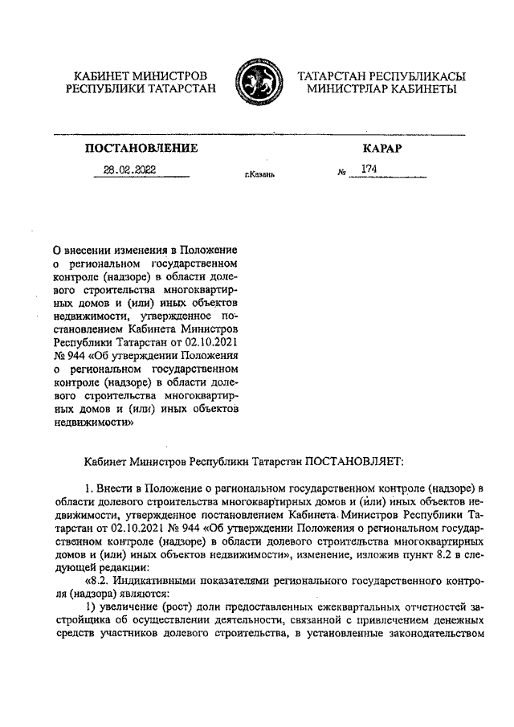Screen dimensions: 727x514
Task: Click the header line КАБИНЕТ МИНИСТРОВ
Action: pyautogui.click(x=141, y=75)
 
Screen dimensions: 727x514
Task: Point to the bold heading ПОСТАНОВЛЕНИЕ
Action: pyautogui.click(x=141, y=149)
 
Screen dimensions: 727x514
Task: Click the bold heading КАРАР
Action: pyautogui.click(x=381, y=149)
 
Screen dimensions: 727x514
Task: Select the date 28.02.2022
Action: pyautogui.click(x=129, y=169)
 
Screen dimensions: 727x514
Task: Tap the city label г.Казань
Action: pyautogui.click(x=259, y=174)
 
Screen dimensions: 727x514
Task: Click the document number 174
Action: pyautogui.click(x=369, y=169)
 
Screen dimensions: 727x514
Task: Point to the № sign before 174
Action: pyautogui.click(x=342, y=172)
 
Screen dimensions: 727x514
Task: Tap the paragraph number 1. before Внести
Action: pyautogui.click(x=88, y=490)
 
